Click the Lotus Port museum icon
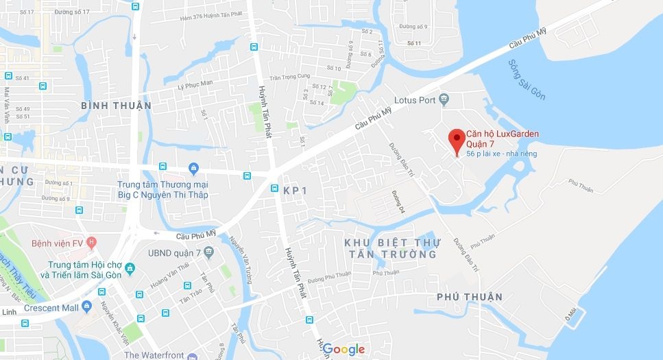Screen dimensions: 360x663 pos(444,100)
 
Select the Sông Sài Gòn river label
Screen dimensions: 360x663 pos(527,80)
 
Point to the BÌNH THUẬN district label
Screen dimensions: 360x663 pos(116,106)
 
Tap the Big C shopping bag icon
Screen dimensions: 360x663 pos(193,169)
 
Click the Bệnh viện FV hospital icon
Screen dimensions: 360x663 pos(92,243)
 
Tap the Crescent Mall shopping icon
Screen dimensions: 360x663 pos(86,306)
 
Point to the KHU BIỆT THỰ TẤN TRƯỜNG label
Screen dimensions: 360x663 pos(391,248)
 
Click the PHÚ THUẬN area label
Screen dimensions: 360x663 pos(470,297)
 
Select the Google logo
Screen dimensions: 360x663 pos(343,349)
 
